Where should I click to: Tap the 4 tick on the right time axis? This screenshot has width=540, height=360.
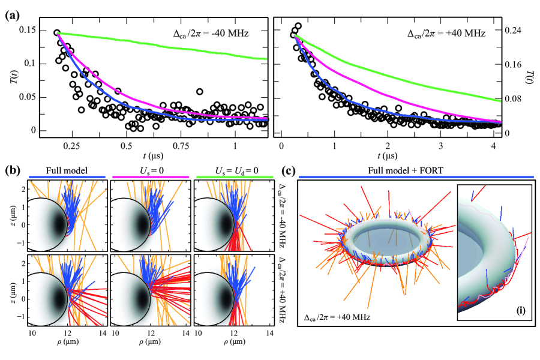[x=493, y=146]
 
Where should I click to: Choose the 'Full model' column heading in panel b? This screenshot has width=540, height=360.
[x=67, y=170]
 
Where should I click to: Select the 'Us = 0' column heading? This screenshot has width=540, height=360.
[x=151, y=170]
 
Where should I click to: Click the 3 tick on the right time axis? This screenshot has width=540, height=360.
[x=440, y=146]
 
